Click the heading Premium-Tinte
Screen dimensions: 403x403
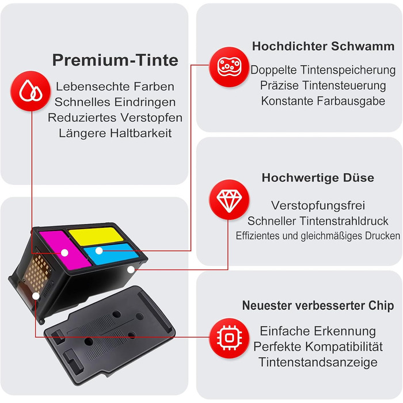[115, 60]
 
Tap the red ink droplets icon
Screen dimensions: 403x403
[31, 91]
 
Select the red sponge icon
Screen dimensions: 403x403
[229, 67]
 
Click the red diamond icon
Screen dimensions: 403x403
[229, 199]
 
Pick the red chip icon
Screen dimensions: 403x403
[229, 338]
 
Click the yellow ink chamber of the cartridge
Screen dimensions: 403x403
[96, 236]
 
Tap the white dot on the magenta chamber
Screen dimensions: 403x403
[64, 253]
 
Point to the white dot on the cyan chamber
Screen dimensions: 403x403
[99, 251]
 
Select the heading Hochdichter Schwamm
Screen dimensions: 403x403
[323, 46]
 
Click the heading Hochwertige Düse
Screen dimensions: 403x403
[318, 177]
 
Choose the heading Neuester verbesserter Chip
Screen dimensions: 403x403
[318, 306]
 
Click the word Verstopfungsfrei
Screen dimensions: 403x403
[318, 206]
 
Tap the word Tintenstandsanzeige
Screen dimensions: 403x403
[318, 362]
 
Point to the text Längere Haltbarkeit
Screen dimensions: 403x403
[115, 134]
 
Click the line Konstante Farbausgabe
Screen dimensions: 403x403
[323, 101]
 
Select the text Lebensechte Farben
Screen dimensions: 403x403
[115, 86]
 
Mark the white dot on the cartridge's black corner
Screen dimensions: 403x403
[131, 269]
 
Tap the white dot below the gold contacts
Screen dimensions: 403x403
[36, 296]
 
